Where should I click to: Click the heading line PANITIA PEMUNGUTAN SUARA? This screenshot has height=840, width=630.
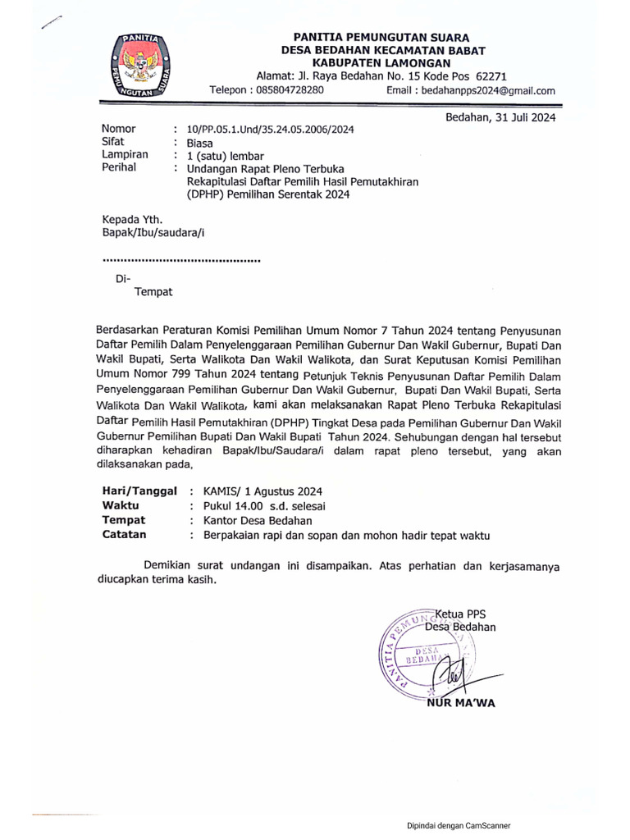click(x=381, y=37)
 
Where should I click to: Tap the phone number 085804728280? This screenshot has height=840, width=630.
click(x=279, y=90)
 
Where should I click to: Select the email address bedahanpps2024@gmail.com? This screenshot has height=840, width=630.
click(x=488, y=91)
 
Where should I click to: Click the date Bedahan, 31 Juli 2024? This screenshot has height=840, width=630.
click(x=500, y=117)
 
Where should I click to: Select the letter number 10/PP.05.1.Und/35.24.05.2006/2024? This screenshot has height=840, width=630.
click(x=271, y=130)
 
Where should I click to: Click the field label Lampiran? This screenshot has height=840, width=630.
click(x=125, y=154)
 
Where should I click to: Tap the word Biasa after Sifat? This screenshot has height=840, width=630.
click(x=200, y=143)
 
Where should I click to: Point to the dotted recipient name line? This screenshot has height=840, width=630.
click(x=180, y=260)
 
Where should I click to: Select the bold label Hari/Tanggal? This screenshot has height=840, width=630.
click(x=139, y=491)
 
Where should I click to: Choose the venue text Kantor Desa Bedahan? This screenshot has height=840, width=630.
click(x=251, y=521)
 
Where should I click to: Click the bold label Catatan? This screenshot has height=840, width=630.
click(x=124, y=535)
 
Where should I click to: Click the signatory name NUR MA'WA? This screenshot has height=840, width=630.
click(x=461, y=702)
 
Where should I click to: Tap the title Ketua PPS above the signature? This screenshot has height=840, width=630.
click(x=465, y=614)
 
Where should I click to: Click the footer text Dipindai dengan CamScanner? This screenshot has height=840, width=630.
click(x=463, y=826)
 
